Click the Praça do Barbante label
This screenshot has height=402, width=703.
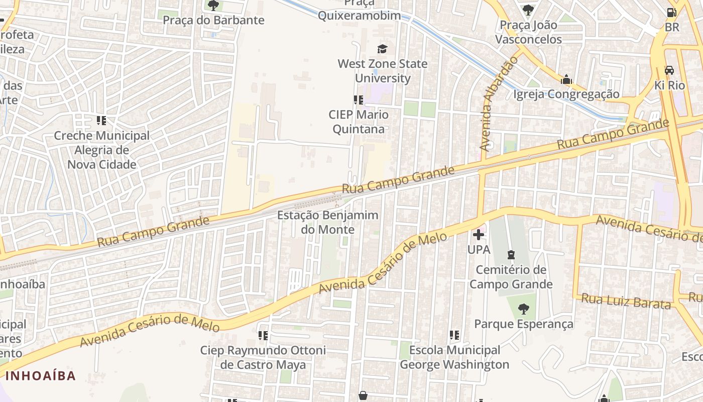pyautogui.click(x=213, y=20)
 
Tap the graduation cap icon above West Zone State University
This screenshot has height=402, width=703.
pyautogui.click(x=383, y=49)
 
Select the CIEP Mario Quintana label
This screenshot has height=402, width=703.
pyautogui.click(x=359, y=122)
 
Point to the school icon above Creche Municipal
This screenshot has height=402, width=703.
pyautogui.click(x=101, y=121)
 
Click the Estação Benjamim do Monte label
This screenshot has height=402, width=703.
pyautogui.click(x=327, y=222)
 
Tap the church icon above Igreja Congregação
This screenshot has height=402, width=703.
pyautogui.click(x=566, y=79)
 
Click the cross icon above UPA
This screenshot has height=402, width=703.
pyautogui.click(x=479, y=234)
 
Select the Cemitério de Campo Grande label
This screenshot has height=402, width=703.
pyautogui.click(x=511, y=277)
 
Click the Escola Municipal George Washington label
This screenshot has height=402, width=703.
pyautogui.click(x=454, y=357)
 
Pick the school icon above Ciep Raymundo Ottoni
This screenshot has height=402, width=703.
pyautogui.click(x=263, y=335)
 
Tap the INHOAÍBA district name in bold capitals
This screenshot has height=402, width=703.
pyautogui.click(x=41, y=375)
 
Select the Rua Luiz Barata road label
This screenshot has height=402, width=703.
pyautogui.click(x=626, y=301)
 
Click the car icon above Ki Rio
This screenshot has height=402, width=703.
pyautogui.click(x=669, y=70)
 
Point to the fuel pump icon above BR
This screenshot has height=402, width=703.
pyautogui.click(x=671, y=12)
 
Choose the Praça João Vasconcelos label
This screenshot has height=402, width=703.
pyautogui.click(x=528, y=32)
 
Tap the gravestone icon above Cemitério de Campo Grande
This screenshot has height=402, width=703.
pyautogui.click(x=511, y=255)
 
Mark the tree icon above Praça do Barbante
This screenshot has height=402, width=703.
pyautogui.click(x=213, y=6)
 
